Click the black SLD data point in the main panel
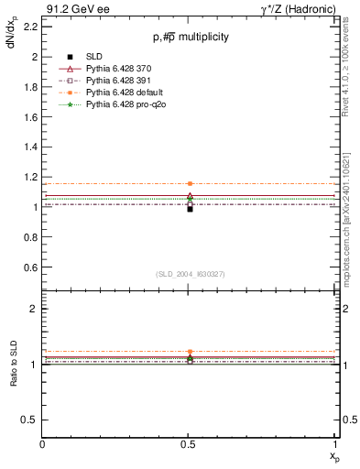click(190, 209)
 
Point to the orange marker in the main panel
click(190, 183)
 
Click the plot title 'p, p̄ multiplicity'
click(191, 38)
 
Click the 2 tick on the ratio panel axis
click(33, 310)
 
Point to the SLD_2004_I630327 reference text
click(191, 274)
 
